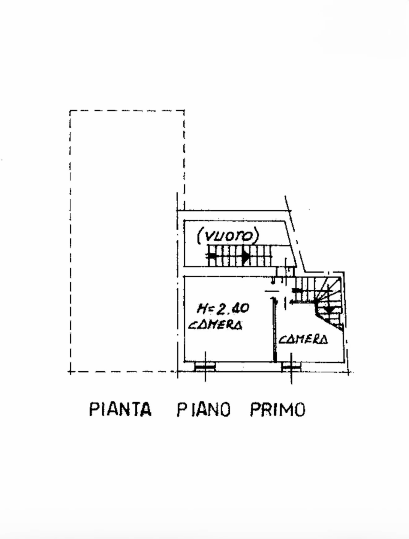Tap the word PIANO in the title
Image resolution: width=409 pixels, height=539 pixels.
(x=203, y=409)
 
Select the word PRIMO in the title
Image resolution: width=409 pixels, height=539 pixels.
(x=277, y=409)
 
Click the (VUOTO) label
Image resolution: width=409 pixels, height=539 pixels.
(x=228, y=236)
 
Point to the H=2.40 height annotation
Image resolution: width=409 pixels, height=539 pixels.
(x=223, y=308)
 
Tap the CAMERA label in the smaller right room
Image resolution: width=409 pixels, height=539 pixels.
(x=303, y=339)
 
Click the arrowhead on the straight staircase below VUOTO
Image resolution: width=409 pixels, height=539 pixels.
(x=246, y=257)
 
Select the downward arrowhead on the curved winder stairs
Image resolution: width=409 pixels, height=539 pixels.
(x=330, y=310)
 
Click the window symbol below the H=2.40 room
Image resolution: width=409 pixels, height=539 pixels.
(x=205, y=367)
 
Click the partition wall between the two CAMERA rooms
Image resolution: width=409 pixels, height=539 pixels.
(x=275, y=329)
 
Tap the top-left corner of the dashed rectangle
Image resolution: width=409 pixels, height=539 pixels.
(x=70, y=111)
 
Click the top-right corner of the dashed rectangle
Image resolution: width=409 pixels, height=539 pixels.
(x=184, y=111)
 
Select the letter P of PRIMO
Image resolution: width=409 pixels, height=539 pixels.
(x=255, y=409)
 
